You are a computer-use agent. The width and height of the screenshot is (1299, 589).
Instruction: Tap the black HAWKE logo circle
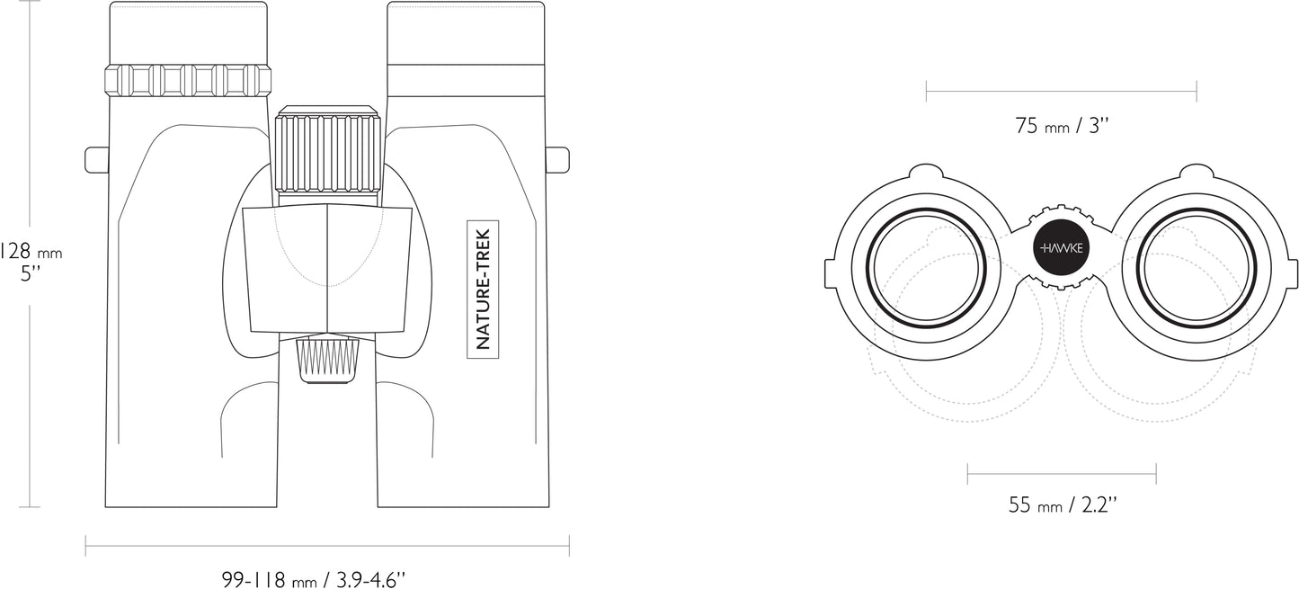1061,248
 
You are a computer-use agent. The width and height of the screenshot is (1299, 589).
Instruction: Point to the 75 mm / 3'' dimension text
1063,126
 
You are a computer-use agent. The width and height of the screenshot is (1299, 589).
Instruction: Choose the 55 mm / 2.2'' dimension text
1063,505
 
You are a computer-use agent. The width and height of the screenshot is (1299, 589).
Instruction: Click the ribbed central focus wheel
327,152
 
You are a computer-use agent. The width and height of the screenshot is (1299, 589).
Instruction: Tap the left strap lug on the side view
95,159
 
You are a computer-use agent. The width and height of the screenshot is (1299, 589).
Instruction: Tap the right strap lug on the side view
557,159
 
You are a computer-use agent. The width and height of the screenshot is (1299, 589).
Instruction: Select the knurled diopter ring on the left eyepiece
188,80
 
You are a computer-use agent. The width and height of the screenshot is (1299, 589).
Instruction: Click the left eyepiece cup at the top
188,32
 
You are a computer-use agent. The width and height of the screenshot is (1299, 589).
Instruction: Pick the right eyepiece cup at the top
466,32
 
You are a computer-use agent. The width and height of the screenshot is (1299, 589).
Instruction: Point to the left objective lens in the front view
927,269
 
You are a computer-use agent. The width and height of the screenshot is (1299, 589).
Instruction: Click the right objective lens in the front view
1197,269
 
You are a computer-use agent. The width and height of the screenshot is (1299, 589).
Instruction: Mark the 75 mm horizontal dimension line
1061,90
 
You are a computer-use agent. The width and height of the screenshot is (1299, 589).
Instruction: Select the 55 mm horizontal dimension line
1061,472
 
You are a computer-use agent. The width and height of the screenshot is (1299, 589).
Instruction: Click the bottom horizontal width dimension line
327,545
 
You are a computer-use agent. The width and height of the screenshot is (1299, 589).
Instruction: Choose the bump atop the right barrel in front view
1197,172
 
